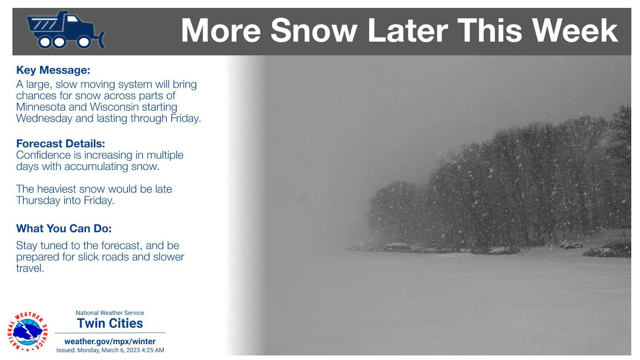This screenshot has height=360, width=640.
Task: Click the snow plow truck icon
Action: (x=65, y=30)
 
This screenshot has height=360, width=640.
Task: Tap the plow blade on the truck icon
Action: (x=101, y=39)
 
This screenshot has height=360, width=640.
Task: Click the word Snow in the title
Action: (x=314, y=31)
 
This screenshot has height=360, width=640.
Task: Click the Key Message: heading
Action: (x=53, y=70)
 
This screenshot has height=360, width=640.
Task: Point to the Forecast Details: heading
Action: (x=60, y=144)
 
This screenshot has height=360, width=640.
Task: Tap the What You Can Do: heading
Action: (x=64, y=228)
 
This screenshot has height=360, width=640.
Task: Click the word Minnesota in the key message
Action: (x=41, y=107)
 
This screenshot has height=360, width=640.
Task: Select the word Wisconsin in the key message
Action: (x=114, y=107)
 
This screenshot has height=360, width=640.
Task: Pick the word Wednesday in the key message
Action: (x=44, y=118)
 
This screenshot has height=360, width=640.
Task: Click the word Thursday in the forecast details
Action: (x=38, y=200)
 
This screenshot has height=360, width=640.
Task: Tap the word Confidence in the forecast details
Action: (x=49, y=155)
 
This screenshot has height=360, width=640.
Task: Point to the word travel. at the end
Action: (x=30, y=268)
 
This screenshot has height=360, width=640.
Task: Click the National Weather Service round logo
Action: (x=27, y=332)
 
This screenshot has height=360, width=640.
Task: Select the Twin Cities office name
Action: (x=110, y=323)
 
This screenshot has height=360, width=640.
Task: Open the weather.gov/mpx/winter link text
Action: (x=110, y=341)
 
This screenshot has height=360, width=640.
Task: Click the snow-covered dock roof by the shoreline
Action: (x=397, y=246)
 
